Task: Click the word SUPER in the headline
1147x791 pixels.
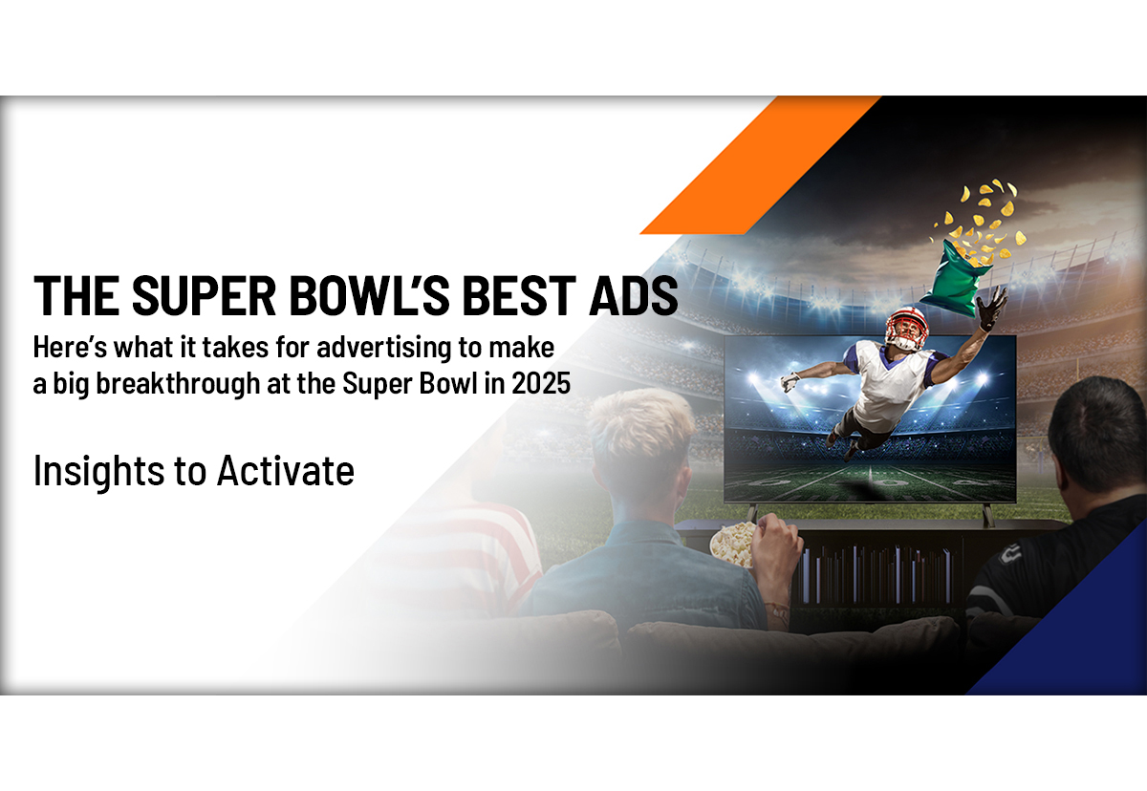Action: click(204, 296)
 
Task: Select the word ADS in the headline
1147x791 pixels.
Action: click(634, 296)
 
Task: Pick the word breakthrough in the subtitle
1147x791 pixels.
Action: click(178, 384)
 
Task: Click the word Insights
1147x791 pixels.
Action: click(98, 472)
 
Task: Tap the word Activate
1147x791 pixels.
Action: click(285, 471)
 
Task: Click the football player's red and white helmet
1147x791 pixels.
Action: click(907, 328)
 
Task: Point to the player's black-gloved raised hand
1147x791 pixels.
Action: click(992, 308)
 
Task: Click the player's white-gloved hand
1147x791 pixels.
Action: click(790, 382)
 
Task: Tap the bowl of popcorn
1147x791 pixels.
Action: click(732, 545)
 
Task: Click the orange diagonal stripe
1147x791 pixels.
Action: click(761, 164)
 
